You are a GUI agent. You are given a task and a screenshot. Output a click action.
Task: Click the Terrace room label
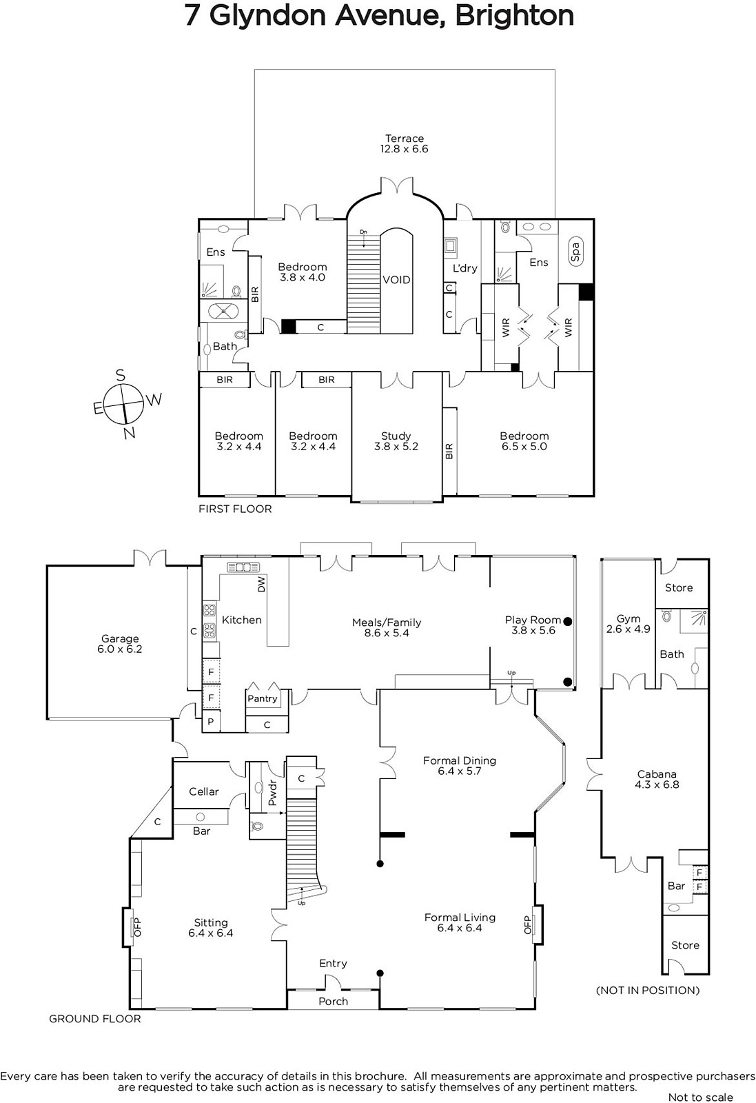[404, 144]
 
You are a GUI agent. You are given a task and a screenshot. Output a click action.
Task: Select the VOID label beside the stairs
[396, 280]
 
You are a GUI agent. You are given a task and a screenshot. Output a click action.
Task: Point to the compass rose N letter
[130, 433]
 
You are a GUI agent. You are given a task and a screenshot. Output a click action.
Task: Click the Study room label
[396, 441]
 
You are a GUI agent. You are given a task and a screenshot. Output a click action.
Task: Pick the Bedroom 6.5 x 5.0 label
[524, 441]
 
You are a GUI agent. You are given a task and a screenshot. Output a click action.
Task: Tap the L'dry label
[465, 268]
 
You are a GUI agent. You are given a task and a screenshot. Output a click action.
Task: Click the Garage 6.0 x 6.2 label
[120, 644]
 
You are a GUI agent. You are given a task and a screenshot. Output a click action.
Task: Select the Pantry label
[263, 698]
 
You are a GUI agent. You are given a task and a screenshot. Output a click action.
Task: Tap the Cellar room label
[204, 791]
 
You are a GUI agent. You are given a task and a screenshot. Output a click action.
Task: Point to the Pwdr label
[273, 792]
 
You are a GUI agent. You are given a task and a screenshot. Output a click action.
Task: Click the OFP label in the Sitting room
[137, 927]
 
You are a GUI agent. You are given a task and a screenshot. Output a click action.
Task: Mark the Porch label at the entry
[334, 1001]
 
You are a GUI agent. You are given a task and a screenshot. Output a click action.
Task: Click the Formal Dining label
[460, 766]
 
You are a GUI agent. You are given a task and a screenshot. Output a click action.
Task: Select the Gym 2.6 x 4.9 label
[629, 624]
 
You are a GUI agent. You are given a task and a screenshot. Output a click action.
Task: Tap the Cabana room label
[657, 780]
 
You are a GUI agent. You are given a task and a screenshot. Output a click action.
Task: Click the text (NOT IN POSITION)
[648, 990]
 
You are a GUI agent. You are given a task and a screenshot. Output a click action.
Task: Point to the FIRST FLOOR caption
[235, 509]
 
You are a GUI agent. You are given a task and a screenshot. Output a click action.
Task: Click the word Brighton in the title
[514, 16]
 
